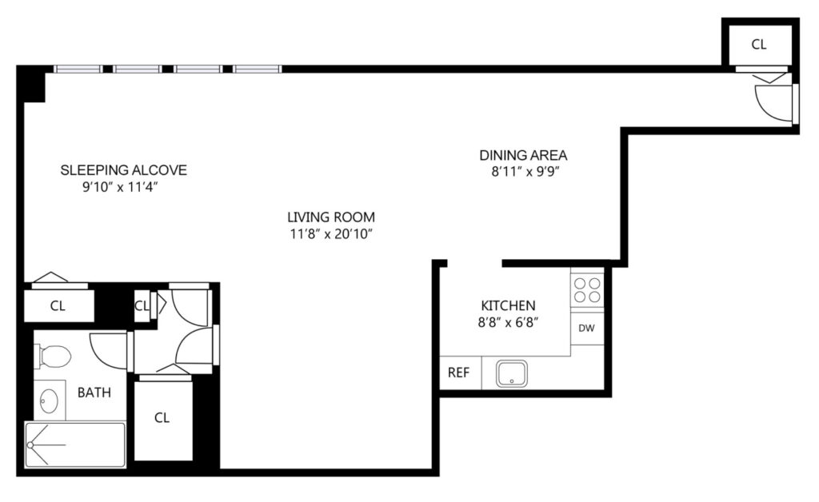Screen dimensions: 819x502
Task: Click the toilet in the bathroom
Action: coord(54,357)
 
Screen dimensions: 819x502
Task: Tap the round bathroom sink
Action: coord(49,400)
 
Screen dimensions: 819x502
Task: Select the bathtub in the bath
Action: coord(75,444)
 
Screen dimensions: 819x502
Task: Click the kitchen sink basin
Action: coord(511,373)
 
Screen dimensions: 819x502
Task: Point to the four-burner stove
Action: coord(587,290)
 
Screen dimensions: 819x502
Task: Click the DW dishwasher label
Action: coord(586,329)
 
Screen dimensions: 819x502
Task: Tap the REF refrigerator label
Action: coord(458,373)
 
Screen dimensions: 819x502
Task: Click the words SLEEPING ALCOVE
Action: coord(123,170)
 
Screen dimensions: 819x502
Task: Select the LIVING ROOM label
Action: coord(331,217)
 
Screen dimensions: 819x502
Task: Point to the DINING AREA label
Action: coord(523,155)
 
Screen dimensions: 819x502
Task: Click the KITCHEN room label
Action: coord(508,305)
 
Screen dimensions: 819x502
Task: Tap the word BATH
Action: coord(94,392)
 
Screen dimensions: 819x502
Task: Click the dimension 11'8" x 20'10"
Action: coord(331,234)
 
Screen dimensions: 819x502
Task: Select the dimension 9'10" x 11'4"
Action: coord(120,187)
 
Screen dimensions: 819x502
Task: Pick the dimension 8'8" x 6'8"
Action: coord(508,322)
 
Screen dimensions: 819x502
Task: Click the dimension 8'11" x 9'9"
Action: coord(525,172)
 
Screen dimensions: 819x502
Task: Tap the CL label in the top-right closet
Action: coord(759,45)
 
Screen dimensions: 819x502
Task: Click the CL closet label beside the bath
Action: coord(162,418)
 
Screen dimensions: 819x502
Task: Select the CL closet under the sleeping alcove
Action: coord(58,306)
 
